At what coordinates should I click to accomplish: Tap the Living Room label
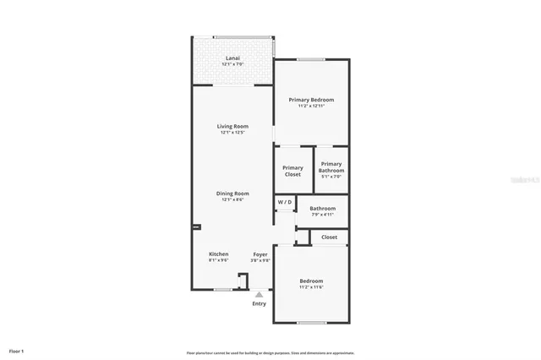(232, 126)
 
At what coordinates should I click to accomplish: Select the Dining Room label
(232, 193)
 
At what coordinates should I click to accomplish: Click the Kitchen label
(218, 254)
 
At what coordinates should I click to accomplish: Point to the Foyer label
(261, 254)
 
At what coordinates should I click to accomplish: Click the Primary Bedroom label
(311, 100)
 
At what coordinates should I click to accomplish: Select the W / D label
(284, 202)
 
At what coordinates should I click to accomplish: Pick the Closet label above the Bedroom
(329, 237)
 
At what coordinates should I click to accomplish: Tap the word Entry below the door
(259, 303)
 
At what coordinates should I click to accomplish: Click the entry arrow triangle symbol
(259, 295)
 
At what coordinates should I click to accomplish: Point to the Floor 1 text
(16, 350)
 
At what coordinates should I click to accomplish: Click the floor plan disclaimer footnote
(270, 353)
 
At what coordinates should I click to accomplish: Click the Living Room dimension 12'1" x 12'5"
(232, 132)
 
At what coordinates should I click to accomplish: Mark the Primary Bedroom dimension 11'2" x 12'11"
(311, 106)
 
